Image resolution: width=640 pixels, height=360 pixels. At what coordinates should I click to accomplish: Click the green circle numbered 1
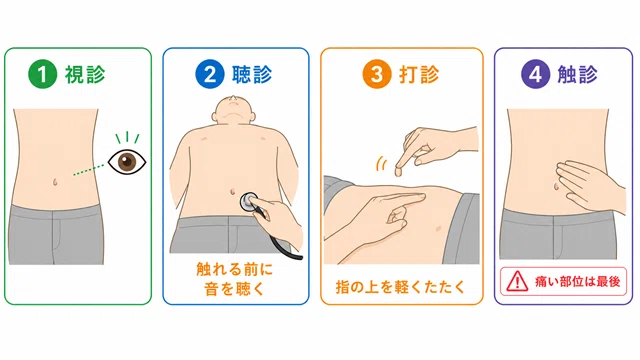pyautogui.click(x=42, y=74)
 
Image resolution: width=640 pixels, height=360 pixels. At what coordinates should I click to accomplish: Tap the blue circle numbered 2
pyautogui.click(x=209, y=74)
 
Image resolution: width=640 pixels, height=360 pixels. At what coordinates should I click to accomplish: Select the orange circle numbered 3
pyautogui.click(x=377, y=74)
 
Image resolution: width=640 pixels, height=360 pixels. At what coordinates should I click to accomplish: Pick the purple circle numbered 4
pyautogui.click(x=536, y=74)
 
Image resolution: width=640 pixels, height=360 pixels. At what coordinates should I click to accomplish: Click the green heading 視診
pyautogui.click(x=85, y=74)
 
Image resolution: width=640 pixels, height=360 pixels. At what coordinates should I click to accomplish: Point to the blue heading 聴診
pyautogui.click(x=252, y=74)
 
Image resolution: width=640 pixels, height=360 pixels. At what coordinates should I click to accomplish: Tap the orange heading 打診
pyautogui.click(x=419, y=74)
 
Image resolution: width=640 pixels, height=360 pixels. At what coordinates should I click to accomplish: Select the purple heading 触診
pyautogui.click(x=578, y=74)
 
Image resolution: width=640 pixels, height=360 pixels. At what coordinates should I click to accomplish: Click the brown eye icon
pyautogui.click(x=127, y=162)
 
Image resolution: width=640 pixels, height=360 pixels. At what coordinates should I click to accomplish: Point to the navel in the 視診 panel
pyautogui.click(x=55, y=182)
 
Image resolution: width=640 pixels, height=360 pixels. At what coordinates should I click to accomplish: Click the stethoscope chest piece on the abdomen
pyautogui.click(x=248, y=202)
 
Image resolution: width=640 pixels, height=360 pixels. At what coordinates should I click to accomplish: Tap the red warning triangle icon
pyautogui.click(x=517, y=281)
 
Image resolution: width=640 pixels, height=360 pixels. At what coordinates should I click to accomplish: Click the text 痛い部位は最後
pyautogui.click(x=578, y=281)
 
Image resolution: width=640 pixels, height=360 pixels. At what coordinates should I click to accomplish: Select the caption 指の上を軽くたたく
pyautogui.click(x=400, y=287)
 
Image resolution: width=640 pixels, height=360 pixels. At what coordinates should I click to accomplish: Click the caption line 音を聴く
pyautogui.click(x=234, y=289)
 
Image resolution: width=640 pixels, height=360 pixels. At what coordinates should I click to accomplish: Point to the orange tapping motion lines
pyautogui.click(x=382, y=164)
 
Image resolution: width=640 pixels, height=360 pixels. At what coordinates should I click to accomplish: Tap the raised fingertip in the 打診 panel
pyautogui.click(x=399, y=171)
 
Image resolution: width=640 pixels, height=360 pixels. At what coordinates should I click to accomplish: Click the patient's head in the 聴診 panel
pyautogui.click(x=233, y=109)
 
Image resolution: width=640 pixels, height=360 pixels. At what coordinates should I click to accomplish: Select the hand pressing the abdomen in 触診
pyautogui.click(x=590, y=186)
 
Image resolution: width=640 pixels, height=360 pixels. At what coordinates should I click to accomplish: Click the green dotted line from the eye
pyautogui.click(x=89, y=170)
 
